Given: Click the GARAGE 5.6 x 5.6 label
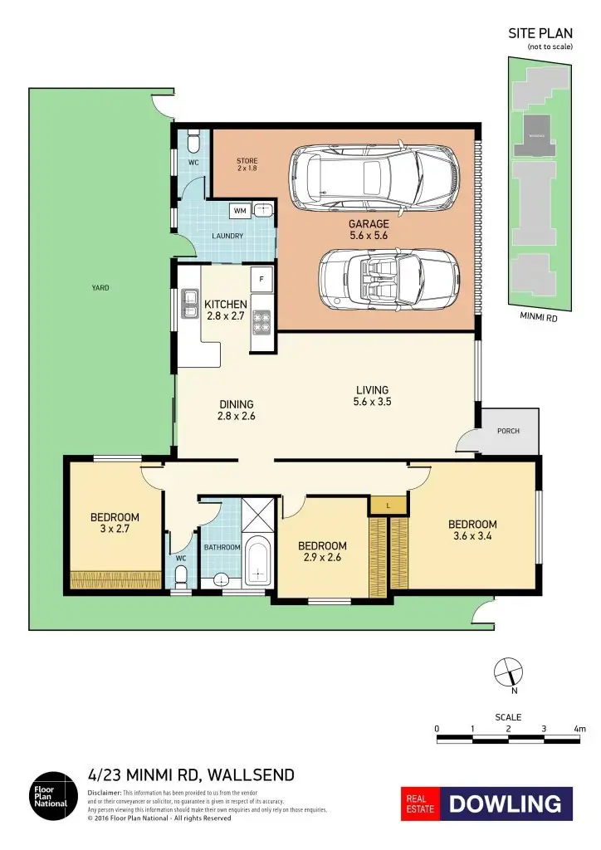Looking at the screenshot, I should (x=369, y=230).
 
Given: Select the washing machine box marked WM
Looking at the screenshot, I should (x=240, y=211).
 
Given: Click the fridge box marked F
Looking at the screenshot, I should (x=261, y=279).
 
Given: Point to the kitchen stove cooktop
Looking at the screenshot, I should (x=261, y=321).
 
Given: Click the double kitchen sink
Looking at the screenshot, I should (x=189, y=305).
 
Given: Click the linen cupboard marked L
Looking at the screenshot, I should (x=388, y=505).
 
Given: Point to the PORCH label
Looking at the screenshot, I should (x=508, y=431).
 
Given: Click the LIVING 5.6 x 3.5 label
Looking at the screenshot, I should (x=372, y=396).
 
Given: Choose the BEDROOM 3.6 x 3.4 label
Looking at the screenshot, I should (x=472, y=530).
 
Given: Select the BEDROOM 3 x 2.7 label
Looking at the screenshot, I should (x=115, y=524).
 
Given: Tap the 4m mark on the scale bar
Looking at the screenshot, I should (x=579, y=729).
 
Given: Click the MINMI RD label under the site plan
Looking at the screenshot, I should (x=538, y=316).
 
